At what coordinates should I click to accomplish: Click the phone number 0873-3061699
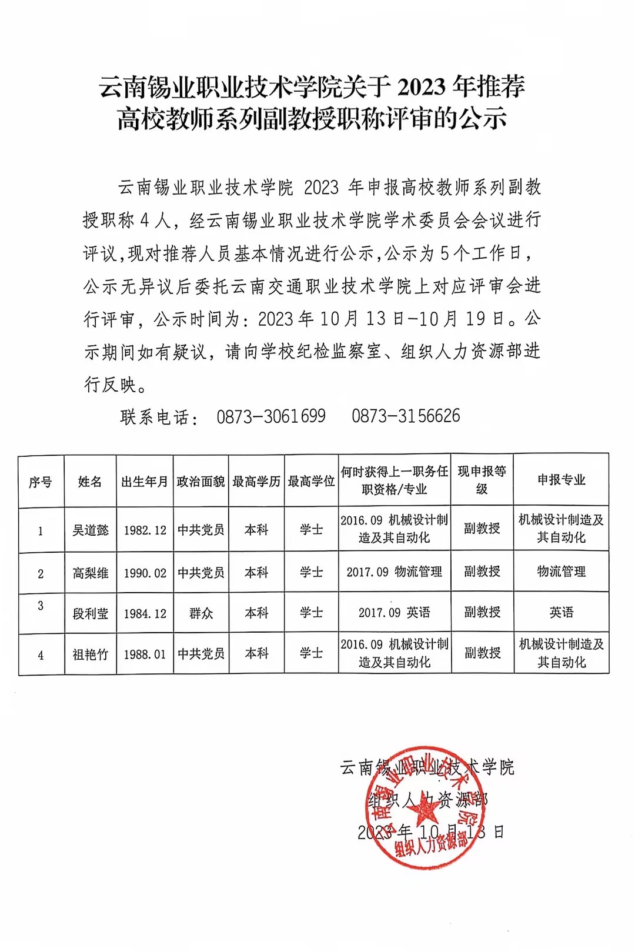click(x=271, y=416)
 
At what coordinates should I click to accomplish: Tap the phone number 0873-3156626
click(x=406, y=416)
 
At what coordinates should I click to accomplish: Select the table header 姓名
click(x=90, y=482)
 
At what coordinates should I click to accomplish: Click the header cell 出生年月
click(x=145, y=482)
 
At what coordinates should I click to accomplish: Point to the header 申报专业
click(x=561, y=480)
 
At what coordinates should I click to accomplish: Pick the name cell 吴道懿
click(x=90, y=530)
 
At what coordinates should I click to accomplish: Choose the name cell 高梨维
click(x=90, y=573)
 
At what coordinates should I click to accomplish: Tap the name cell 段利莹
click(x=90, y=613)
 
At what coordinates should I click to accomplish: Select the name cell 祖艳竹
click(x=90, y=654)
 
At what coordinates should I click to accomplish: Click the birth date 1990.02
click(x=145, y=573)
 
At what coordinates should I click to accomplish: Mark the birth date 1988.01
click(x=145, y=654)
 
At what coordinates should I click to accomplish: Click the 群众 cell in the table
click(x=201, y=613)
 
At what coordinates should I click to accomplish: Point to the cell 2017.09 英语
click(x=394, y=613)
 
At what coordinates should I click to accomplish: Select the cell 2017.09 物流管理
click(x=394, y=572)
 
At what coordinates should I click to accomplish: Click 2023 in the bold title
click(x=422, y=87)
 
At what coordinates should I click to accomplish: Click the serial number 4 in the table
click(x=41, y=654)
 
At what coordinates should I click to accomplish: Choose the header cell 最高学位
click(x=311, y=481)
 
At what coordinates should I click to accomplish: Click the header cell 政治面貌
click(x=201, y=482)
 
